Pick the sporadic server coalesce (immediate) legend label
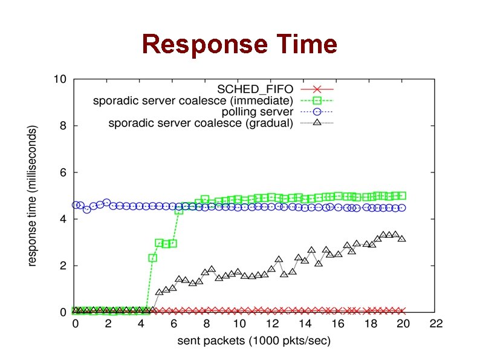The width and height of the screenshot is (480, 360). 193,100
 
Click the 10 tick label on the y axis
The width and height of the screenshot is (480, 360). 60,79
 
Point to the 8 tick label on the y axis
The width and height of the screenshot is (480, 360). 63,126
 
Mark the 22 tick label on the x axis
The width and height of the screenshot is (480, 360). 436,324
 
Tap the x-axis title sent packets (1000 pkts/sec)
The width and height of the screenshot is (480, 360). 254,341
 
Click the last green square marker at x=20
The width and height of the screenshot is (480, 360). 402,195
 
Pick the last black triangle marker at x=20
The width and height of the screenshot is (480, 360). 402,238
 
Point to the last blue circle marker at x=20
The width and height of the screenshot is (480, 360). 402,208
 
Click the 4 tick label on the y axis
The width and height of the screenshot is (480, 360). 63,219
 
